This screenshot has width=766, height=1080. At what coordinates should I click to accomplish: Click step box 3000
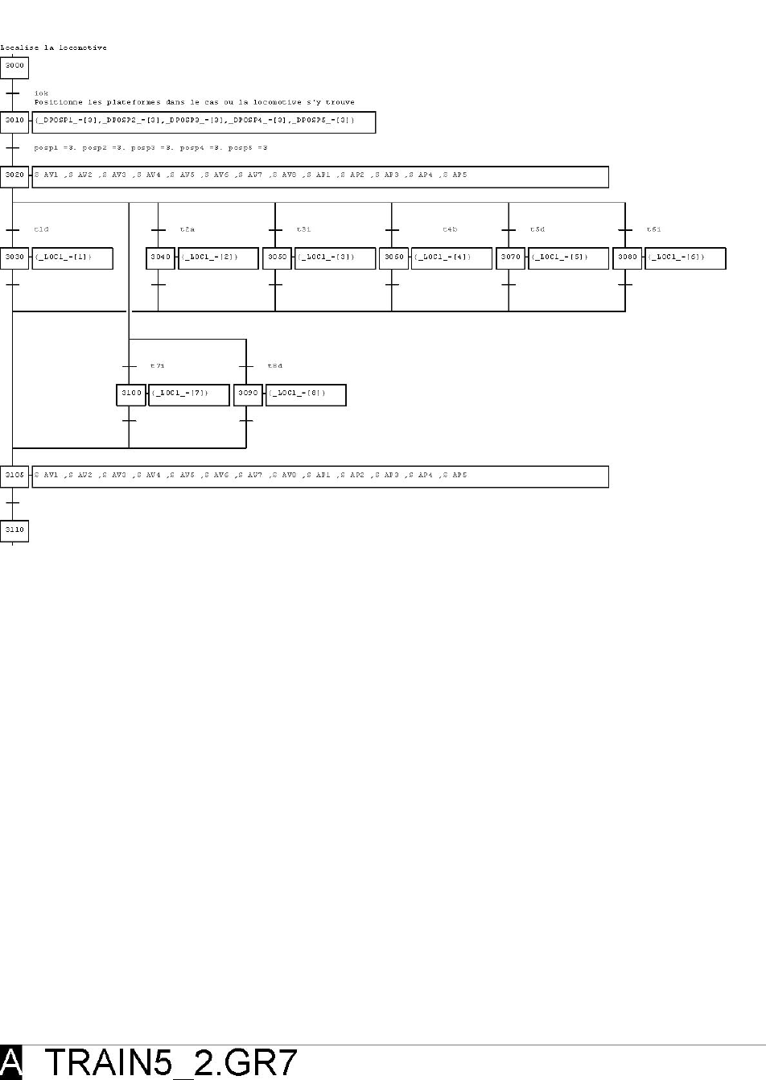coord(14,67)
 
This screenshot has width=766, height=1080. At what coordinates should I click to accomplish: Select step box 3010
coord(14,122)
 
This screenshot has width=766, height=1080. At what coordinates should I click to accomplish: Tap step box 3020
coord(14,176)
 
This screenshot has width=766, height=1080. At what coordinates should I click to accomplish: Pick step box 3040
coord(160,258)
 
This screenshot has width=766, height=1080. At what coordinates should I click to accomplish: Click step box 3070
coord(510,258)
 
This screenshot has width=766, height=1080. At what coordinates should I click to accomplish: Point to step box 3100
coord(131,394)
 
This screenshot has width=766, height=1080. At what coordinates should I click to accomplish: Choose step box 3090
coord(248,394)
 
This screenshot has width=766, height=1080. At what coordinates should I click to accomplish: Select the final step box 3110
coord(14,531)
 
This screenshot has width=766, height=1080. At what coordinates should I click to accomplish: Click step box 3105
coord(14,476)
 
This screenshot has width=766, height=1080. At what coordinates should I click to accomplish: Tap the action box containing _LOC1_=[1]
coord(72,258)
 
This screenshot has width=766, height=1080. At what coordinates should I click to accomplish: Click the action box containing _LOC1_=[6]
coord(685,258)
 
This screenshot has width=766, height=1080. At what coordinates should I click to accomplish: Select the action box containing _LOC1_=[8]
coord(306,394)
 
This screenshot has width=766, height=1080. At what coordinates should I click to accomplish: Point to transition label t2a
coord(187,230)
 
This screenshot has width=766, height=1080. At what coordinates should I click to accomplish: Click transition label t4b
coord(450,230)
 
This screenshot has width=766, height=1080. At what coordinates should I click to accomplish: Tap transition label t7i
coord(158,366)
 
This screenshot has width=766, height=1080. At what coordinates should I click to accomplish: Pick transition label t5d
coord(537,230)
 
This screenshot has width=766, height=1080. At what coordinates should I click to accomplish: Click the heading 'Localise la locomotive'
coord(53,47)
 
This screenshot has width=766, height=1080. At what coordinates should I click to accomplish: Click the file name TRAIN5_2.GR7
coord(171,1062)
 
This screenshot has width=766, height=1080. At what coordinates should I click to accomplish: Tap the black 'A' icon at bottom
coord(11,1062)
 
